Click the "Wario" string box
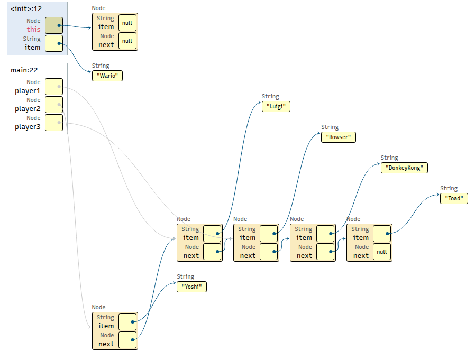(107, 76)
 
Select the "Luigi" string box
(276, 106)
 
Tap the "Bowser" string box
(339, 137)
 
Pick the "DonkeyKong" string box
(404, 168)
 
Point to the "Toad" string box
(454, 198)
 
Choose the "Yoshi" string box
(192, 287)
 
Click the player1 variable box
(54, 87)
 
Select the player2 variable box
(54, 105)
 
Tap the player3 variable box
(54, 123)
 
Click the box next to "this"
(54, 25)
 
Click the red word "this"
(33, 30)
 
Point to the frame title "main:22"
(24, 70)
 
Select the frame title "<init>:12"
(26, 9)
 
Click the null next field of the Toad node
(382, 252)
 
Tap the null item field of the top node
(127, 23)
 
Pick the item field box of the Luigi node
(212, 234)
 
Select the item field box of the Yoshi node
(127, 322)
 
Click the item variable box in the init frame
(54, 43)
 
